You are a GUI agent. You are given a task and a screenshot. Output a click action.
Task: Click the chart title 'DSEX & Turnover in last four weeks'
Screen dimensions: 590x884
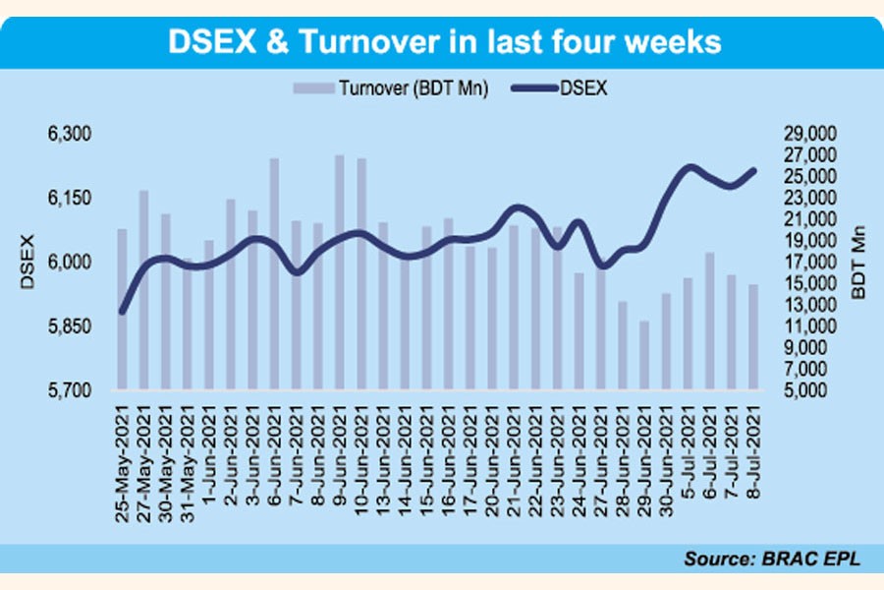tap(446, 42)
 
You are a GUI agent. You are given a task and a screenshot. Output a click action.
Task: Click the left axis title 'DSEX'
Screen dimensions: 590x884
tap(27, 262)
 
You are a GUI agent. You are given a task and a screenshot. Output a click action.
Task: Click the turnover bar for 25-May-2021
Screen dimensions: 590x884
tap(123, 310)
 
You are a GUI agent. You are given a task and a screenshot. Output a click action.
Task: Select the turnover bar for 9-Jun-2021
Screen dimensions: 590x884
tap(340, 272)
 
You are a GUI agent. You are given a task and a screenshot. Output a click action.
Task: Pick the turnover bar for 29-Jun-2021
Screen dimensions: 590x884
tap(644, 355)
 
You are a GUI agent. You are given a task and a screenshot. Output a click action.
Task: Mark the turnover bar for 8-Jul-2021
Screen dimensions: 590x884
tap(753, 337)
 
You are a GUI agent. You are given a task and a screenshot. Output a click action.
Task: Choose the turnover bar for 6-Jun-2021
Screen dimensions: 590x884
tap(274, 274)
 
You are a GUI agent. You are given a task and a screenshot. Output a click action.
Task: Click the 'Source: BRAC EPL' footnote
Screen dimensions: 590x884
tap(771, 560)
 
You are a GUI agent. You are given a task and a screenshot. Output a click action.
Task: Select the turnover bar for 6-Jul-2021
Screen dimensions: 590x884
tap(709, 322)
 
